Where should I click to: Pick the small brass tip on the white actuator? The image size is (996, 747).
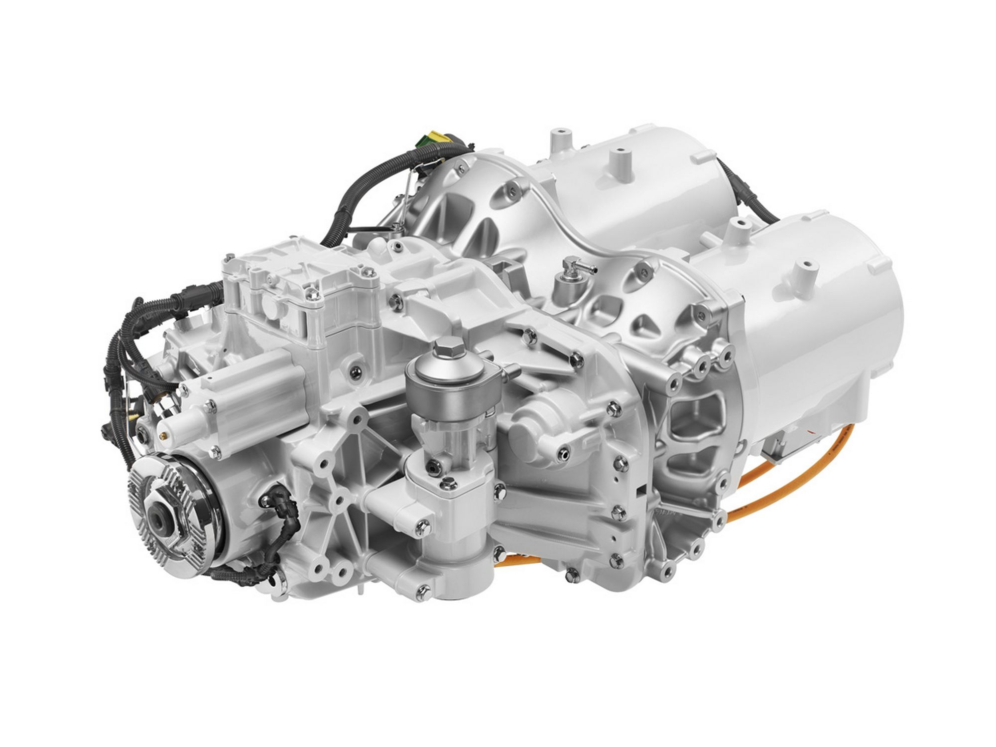point(164,435)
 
